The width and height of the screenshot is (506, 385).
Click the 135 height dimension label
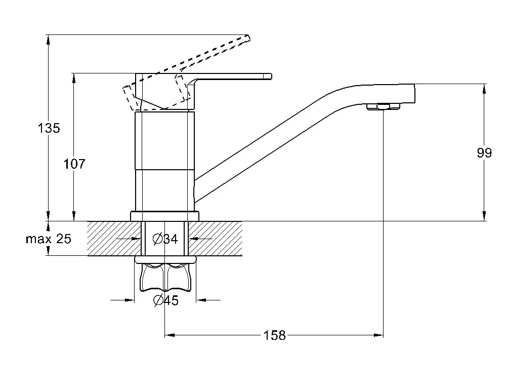coord(49,128)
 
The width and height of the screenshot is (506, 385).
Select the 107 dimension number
coord(74,164)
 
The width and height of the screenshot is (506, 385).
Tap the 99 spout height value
coord(484,153)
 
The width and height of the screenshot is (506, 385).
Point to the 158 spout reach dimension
coord(275,335)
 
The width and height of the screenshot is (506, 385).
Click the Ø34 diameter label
coord(165,239)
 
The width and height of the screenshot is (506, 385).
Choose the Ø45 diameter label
coord(165,300)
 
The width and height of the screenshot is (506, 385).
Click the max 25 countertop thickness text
coord(49,239)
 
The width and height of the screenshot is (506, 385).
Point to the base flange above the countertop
coord(165,216)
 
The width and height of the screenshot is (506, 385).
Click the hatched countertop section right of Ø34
coord(218,239)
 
